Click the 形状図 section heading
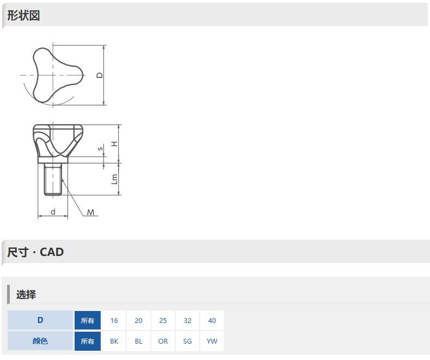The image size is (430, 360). coord(23,15)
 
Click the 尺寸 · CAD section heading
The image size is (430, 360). coord(35,252)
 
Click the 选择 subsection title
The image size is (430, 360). coord(26,295)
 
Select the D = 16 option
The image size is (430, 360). coord(114,320)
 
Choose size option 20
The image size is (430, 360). coord(138,320)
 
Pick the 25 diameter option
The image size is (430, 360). coord(163,320)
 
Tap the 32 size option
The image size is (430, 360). coord(188,320)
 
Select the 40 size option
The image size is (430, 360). coord(212,320)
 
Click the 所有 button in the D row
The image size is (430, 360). coord(88,320)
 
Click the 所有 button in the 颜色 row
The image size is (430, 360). coord(88,341)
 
